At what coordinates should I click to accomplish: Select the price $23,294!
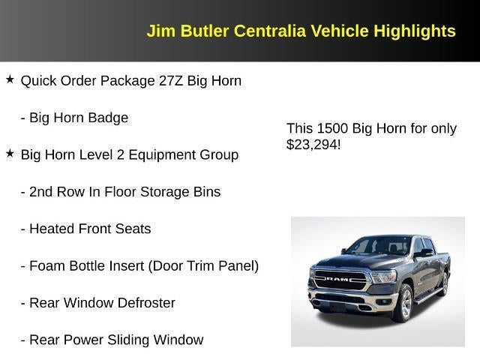coord(313,144)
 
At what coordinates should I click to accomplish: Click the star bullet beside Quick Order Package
coord(10,79)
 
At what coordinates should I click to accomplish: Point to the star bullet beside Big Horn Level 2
coord(10,153)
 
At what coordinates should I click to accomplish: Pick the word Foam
coord(46,265)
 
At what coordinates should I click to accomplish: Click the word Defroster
coord(145,303)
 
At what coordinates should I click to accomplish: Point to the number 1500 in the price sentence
coord(328,128)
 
